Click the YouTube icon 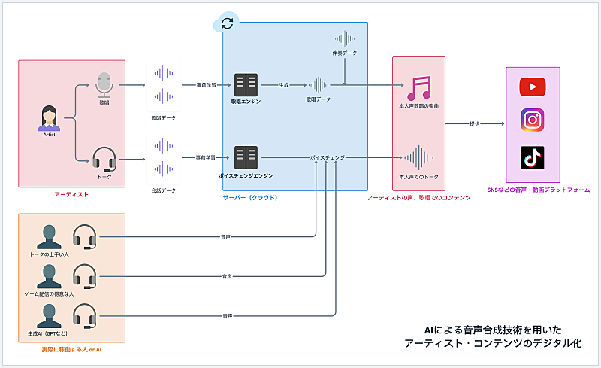pyautogui.click(x=532, y=88)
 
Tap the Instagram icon pyautogui.click(x=532, y=120)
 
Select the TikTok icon pyautogui.click(x=532, y=158)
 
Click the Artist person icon pyautogui.click(x=50, y=118)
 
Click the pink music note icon pyautogui.click(x=419, y=88)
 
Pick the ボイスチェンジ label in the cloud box pyautogui.click(x=328, y=157)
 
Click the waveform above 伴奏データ pyautogui.click(x=344, y=38)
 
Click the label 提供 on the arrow pyautogui.click(x=475, y=123)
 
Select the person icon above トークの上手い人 pyautogui.click(x=50, y=237)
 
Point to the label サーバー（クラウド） pyautogui.click(x=250, y=198)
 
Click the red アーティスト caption pyautogui.click(x=71, y=195)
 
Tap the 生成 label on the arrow pyautogui.click(x=284, y=85)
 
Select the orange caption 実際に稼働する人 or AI pyautogui.click(x=71, y=351)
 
